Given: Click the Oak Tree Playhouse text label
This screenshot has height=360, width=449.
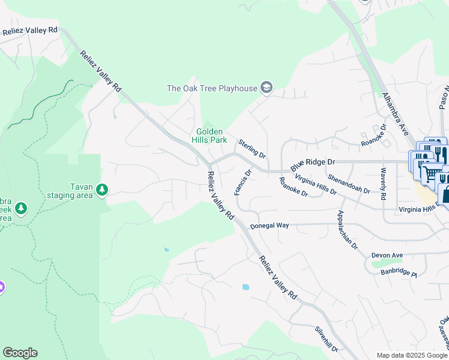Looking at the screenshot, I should pos(212,89).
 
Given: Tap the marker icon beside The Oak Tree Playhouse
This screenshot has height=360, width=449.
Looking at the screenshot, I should pos(266,89).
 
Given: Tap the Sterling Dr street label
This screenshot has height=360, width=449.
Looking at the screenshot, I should pos(252,149).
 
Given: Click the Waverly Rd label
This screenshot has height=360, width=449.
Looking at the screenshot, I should pos(382,184).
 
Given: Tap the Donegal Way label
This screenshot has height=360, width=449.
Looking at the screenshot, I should pos(270,226).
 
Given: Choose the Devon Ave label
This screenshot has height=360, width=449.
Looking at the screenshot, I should pos(387,255).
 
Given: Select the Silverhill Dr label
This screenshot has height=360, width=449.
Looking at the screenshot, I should pos(327,340).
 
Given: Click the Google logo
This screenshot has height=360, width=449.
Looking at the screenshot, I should pos(20,353).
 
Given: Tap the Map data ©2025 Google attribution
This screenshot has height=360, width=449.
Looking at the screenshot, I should pos(411,355).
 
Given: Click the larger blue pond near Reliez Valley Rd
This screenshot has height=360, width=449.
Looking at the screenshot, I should pos(246,287).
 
